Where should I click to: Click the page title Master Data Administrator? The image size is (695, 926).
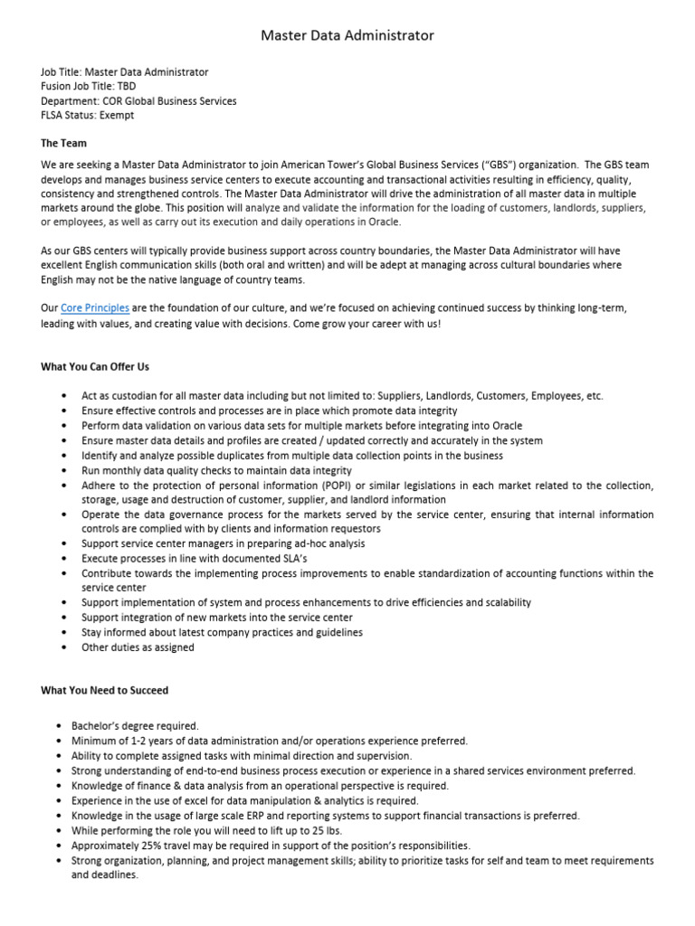347,35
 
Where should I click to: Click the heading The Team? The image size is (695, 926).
63,144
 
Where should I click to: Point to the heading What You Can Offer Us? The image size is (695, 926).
95,367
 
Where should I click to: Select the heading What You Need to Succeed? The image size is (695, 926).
104,691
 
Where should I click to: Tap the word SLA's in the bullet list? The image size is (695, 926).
281,559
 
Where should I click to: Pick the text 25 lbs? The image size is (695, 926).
343,830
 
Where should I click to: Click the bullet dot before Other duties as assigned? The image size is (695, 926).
62,647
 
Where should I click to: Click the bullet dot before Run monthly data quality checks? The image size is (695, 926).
62,471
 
